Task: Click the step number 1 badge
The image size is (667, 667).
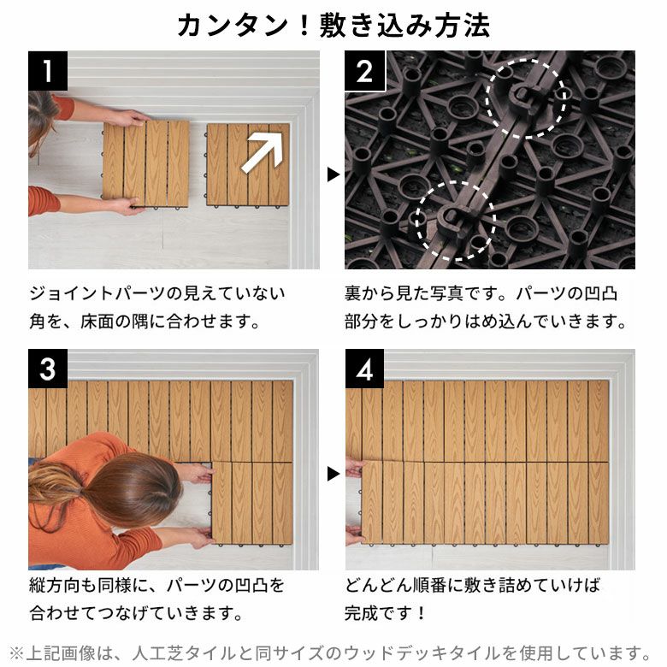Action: (x=48, y=71)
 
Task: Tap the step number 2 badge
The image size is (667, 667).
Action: (x=364, y=71)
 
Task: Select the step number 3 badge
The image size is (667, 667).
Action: (x=48, y=369)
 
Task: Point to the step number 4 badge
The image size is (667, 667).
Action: (x=364, y=369)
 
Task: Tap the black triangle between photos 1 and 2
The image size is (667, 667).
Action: (x=333, y=174)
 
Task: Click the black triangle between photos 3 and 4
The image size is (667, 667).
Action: (x=333, y=474)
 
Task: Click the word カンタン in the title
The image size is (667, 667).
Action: (x=233, y=26)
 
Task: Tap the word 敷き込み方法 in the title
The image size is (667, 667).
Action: (x=404, y=26)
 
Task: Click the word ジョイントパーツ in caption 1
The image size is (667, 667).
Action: (x=97, y=293)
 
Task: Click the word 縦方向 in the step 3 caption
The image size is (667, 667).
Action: (x=55, y=586)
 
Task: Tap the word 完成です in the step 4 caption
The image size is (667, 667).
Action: (x=378, y=613)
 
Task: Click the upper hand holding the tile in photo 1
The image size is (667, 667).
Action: (x=132, y=118)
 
